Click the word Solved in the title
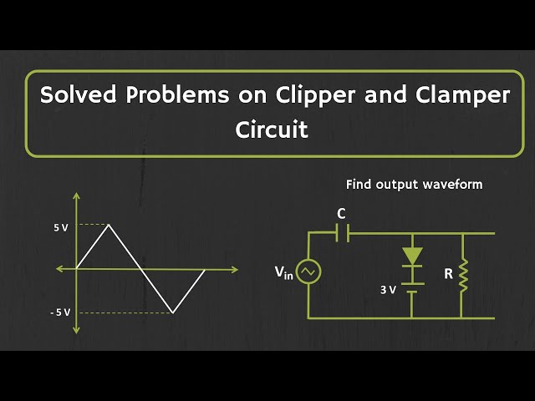[x=81, y=95]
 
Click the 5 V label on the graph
[x=60, y=227]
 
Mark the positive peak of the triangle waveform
[x=109, y=225]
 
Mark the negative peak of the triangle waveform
[x=173, y=312]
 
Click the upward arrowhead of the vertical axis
[x=77, y=198]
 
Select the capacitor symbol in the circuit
[x=341, y=234]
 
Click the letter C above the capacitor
[x=341, y=214]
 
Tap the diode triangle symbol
[x=412, y=255]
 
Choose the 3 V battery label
[x=388, y=290]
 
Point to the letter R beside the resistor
[x=448, y=272]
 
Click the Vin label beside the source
[x=284, y=272]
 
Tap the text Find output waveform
[x=414, y=184]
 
